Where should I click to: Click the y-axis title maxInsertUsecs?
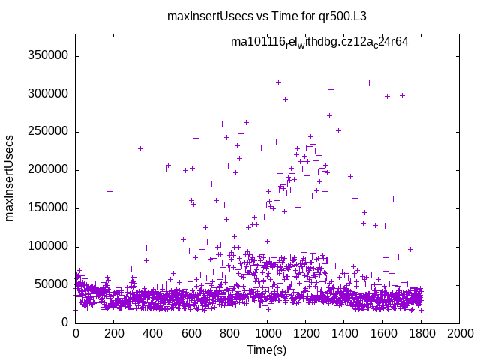click(10, 178)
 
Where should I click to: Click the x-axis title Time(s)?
click(267, 349)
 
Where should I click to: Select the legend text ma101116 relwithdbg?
click(319, 42)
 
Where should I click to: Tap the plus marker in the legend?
click(430, 43)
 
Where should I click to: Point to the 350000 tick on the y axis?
click(48, 56)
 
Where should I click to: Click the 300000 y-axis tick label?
click(48, 94)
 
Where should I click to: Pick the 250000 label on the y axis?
click(48, 132)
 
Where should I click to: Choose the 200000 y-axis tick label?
click(48, 170)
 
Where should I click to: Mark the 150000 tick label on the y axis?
click(48, 208)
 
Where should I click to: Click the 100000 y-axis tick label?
click(48, 247)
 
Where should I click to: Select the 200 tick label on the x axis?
click(114, 334)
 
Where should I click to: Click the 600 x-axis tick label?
click(190, 334)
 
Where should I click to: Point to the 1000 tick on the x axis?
click(267, 334)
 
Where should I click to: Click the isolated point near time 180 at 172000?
click(109, 191)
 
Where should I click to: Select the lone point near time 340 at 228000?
click(140, 148)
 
